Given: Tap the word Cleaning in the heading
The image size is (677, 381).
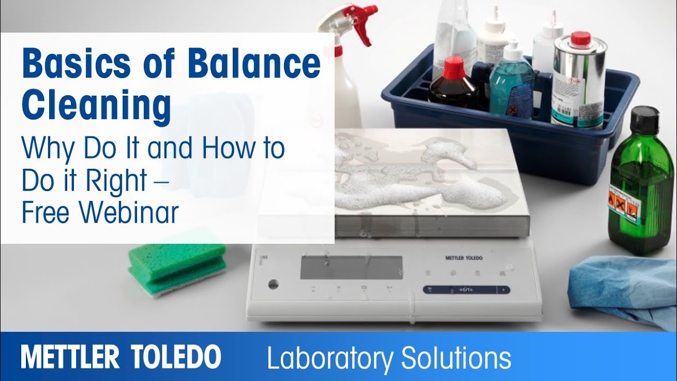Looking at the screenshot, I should (x=96, y=105).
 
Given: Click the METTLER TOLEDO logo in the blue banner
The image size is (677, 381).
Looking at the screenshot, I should (x=121, y=357).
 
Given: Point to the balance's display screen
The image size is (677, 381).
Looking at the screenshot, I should (x=351, y=267).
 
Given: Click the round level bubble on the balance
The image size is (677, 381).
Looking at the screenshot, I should (x=273, y=284).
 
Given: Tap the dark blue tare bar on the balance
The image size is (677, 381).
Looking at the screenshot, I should (x=466, y=289).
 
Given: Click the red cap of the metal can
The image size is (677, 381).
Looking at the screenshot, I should (x=580, y=38).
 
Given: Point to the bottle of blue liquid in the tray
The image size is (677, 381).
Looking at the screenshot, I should (x=510, y=85).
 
